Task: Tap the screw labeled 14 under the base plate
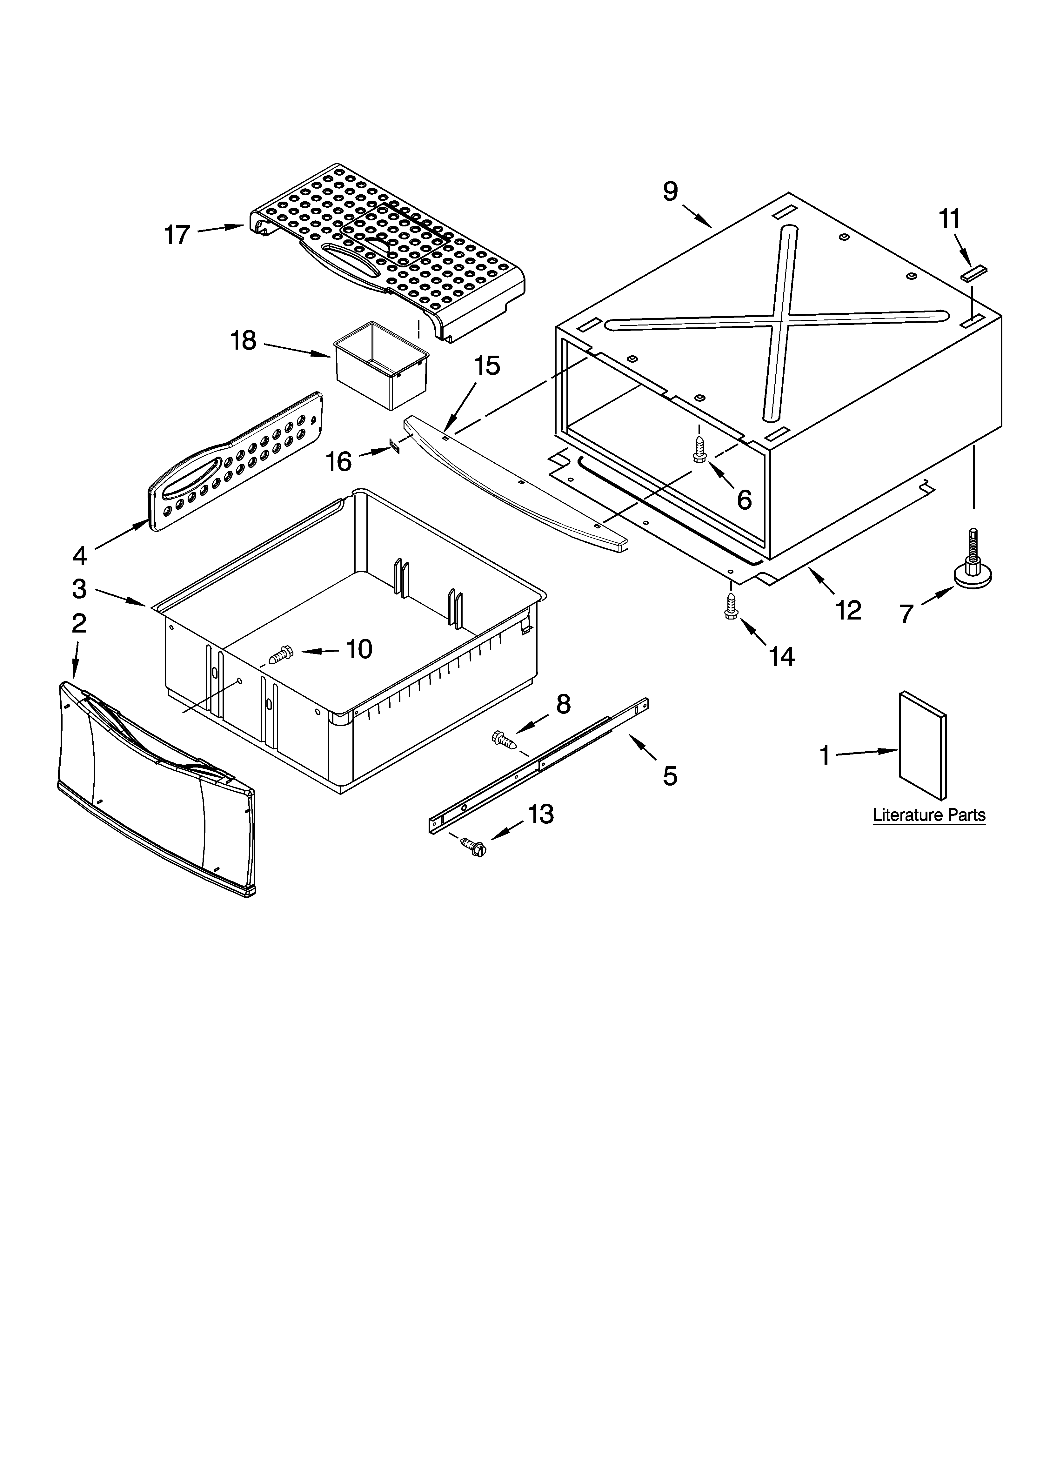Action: pyautogui.click(x=731, y=607)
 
